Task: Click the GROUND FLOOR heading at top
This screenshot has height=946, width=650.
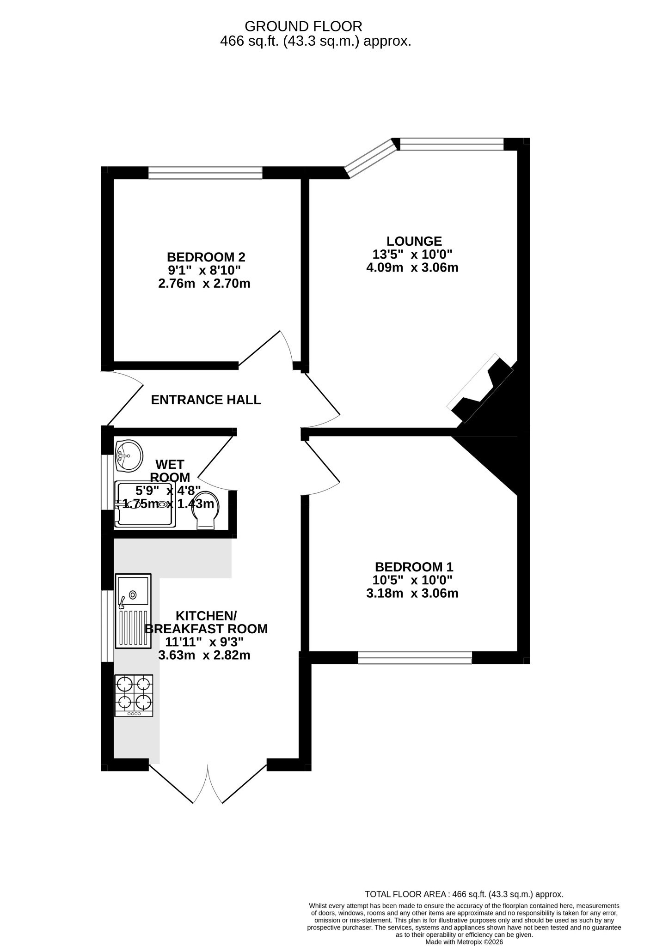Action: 303,26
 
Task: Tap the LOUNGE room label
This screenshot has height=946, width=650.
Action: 414,241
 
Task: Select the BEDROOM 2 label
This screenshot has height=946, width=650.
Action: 206,257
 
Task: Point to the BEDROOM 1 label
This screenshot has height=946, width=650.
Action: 414,567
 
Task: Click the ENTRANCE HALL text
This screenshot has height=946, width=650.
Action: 206,400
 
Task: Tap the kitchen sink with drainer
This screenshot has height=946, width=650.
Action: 133,611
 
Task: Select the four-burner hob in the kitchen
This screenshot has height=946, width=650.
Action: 134,696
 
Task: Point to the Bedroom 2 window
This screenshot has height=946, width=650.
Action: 205,173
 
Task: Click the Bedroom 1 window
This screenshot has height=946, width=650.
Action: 415,658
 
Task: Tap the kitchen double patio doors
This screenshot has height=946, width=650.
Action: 208,784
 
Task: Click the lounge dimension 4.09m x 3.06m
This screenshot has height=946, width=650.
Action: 412,267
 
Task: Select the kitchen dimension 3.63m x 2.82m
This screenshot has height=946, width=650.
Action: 204,655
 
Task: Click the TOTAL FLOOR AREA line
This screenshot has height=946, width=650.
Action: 464,894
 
